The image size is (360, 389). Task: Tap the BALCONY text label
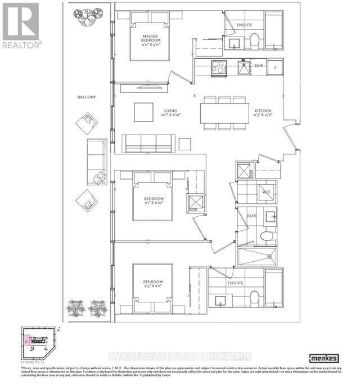pos(87,97)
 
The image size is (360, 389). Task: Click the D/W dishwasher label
pos(259,66)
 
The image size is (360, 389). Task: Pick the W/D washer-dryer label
pos(265,193)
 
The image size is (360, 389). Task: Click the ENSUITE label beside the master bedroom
pos(244,25)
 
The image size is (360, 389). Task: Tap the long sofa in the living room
pos(148,144)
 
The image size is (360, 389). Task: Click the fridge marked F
pos(275,66)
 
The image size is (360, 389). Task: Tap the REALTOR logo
pos(21,25)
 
